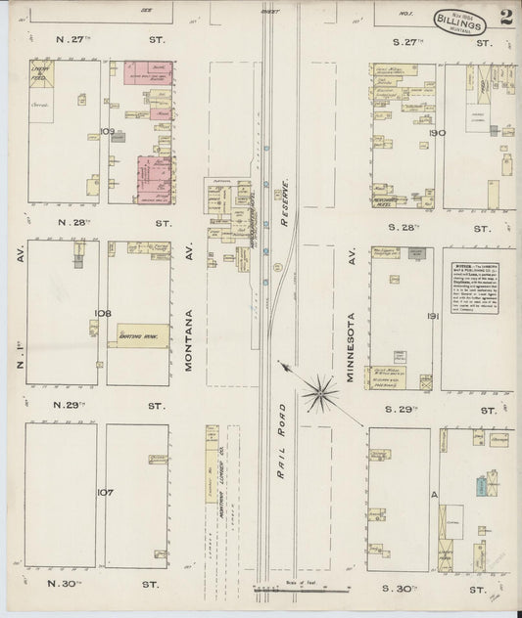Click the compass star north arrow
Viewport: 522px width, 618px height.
pyautogui.click(x=319, y=393)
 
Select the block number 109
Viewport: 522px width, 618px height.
pyautogui.click(x=107, y=131)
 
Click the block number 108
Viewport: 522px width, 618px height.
pyautogui.click(x=102, y=312)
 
